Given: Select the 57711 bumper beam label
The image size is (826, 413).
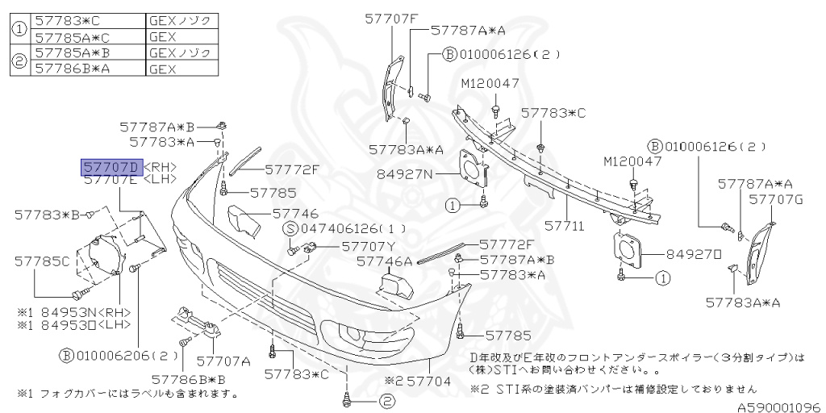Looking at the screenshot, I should click(x=564, y=227).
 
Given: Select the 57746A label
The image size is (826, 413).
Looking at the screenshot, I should click(x=384, y=261).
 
